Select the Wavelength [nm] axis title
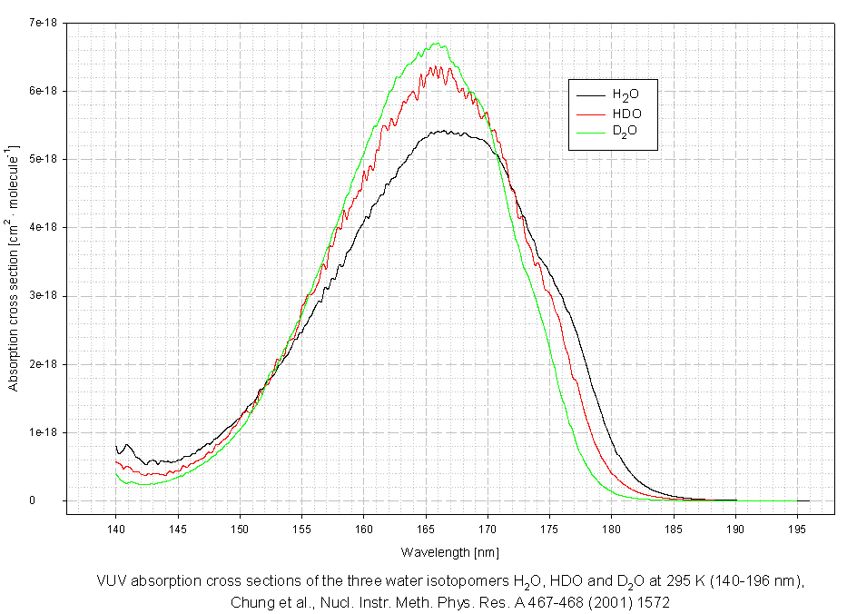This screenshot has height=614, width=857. pyautogui.click(x=450, y=551)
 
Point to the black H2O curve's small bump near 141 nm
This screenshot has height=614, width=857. pyautogui.click(x=127, y=444)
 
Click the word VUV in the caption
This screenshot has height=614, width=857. pyautogui.click(x=112, y=581)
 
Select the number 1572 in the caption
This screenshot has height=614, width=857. pyautogui.click(x=654, y=601)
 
